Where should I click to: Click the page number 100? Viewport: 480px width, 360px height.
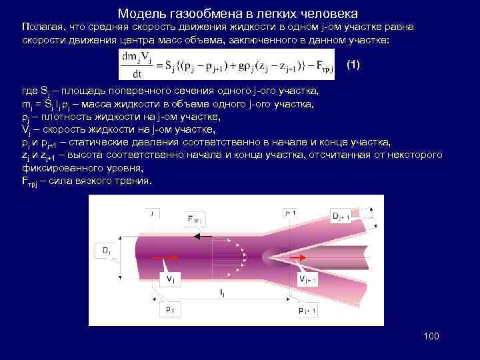point(431,336)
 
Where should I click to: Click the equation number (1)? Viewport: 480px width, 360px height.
point(353,65)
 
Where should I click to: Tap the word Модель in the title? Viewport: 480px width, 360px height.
point(138,13)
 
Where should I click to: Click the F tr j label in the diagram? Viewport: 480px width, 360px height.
point(194,219)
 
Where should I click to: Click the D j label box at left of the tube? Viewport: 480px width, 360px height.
point(106,251)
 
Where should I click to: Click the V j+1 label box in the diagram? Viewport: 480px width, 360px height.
point(307,279)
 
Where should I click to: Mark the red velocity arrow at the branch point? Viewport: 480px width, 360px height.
point(296,256)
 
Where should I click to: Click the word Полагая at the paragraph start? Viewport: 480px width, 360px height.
point(42,27)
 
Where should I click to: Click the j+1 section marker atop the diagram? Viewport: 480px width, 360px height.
point(290,212)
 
